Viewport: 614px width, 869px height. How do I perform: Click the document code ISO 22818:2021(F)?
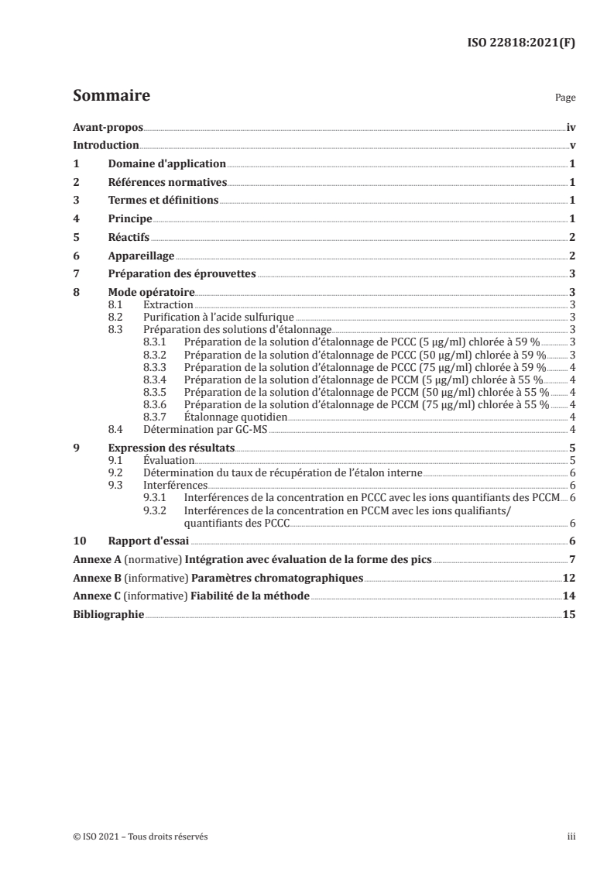coord(524,43)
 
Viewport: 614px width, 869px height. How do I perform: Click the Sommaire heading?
coord(111,97)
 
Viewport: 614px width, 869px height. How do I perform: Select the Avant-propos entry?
coord(103,127)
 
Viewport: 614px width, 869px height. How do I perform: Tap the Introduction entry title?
coord(105,146)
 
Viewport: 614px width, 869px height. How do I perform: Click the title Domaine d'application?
coord(166,164)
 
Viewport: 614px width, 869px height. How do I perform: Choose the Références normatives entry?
coord(167,183)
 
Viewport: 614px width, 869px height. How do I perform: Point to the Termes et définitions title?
coord(163,201)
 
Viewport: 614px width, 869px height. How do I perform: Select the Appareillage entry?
coord(141,256)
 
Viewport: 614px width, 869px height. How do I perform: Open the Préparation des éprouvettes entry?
coord(182,274)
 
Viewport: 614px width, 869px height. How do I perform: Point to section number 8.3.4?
coord(157,380)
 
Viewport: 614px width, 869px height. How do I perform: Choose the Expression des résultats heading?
coord(170,448)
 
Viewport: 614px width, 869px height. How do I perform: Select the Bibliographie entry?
coord(108,615)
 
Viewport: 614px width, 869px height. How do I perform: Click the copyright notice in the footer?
coord(140,836)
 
